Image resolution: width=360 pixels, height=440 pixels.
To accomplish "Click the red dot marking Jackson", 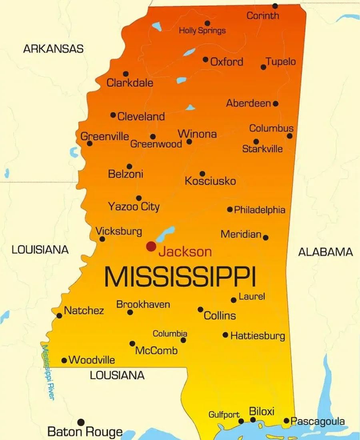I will coord(151,246).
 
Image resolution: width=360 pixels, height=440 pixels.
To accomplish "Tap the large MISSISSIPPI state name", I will coord(180,277).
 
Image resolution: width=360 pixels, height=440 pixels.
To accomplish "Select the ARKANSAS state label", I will coord(53,49).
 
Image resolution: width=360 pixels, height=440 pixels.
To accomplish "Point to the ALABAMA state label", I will coord(326,252).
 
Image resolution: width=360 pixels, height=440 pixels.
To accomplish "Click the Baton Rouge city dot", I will coord(81,422).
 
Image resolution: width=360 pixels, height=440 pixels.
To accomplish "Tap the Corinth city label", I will coord(263,16).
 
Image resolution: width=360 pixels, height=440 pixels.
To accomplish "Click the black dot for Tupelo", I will coord(263,67).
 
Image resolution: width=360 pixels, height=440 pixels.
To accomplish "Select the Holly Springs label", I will coord(202,30).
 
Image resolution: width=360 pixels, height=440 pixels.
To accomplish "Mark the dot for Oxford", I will coord(205,59).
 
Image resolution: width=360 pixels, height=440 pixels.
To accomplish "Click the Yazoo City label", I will coord(134,207).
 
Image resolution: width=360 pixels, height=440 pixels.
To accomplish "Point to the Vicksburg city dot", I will coord(102,239).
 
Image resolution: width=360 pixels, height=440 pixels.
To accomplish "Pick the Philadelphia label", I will coord(260,210).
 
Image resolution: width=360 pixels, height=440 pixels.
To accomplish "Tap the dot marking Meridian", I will coord(266,237).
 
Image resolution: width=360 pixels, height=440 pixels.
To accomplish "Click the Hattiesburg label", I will coord(258,336).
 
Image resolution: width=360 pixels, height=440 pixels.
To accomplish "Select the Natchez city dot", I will coord(59,315).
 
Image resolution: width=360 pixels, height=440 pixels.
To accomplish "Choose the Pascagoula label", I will coord(318,421).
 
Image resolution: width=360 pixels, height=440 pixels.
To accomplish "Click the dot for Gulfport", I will coord(241,421).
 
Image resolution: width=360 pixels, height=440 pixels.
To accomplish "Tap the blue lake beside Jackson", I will coord(166,234).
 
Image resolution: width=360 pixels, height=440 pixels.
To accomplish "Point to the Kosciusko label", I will coord(210,181).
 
